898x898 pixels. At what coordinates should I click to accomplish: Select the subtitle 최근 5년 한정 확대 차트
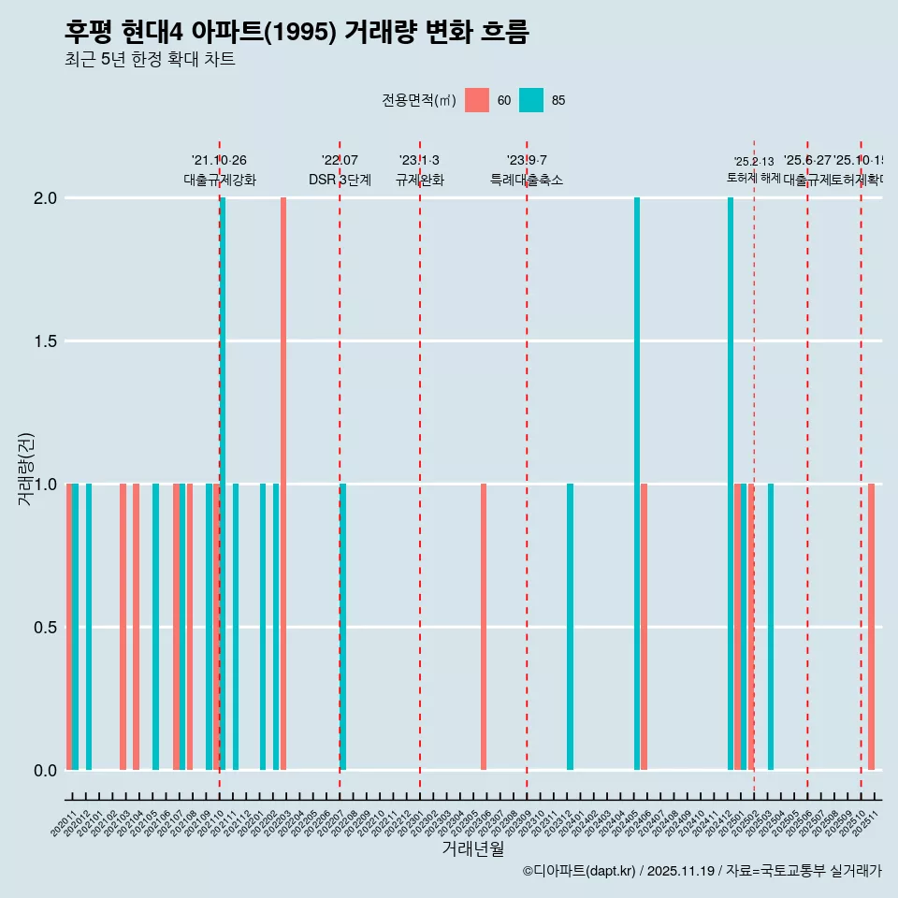pos(150,60)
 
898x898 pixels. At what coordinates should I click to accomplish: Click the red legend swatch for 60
pos(477,100)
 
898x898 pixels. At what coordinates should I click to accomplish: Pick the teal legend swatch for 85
pos(531,100)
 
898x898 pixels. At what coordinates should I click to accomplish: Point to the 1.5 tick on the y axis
pos(44,341)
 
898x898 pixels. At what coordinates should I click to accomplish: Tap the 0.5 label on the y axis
pos(44,628)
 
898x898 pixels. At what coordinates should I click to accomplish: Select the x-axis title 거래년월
pos(472,849)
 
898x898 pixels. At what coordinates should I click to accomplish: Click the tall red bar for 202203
pos(283,484)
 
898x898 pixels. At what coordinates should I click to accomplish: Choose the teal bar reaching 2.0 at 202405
pos(637,484)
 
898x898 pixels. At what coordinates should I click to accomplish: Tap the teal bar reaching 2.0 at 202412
pos(731,484)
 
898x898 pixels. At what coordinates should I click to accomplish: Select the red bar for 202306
pos(484,627)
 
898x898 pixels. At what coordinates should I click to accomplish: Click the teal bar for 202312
pos(570,627)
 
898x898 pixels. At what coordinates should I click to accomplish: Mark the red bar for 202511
pos(871,627)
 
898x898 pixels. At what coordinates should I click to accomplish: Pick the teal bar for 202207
pos(343,627)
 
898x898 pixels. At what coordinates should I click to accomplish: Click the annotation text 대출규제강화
pos(220,181)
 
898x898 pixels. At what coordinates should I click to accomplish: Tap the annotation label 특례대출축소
pos(527,181)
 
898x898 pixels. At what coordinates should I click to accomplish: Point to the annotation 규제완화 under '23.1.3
pos(419,181)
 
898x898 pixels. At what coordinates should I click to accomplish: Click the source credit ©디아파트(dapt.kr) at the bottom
pos(580,871)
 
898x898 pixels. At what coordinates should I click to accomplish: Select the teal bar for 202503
pos(771,627)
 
